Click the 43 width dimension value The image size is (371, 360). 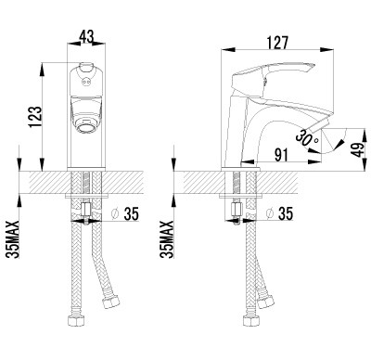pos(86,37)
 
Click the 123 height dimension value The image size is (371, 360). pos(35,117)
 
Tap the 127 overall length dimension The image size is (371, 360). pos(277,43)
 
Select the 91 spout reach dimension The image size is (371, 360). pos(281,155)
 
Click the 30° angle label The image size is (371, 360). pos(305,138)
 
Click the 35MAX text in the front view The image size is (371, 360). pos(13,239)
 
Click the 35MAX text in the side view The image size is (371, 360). pos(167,239)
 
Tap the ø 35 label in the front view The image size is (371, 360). pos(125,213)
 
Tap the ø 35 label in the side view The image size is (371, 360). pos(279,213)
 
